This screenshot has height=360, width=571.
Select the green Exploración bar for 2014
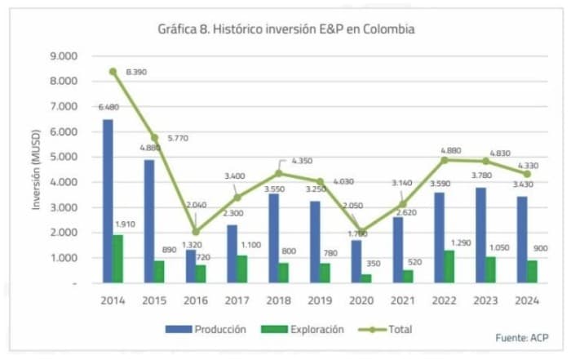pyautogui.click(x=118, y=259)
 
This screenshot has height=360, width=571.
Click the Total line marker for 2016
pyautogui.click(x=196, y=232)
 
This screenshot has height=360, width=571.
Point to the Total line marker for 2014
pyautogui.click(x=113, y=72)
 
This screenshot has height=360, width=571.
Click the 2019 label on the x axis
pyautogui.click(x=321, y=299)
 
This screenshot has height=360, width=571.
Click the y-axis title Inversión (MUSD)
pyautogui.click(x=36, y=169)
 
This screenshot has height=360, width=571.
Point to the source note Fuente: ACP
pyautogui.click(x=524, y=337)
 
